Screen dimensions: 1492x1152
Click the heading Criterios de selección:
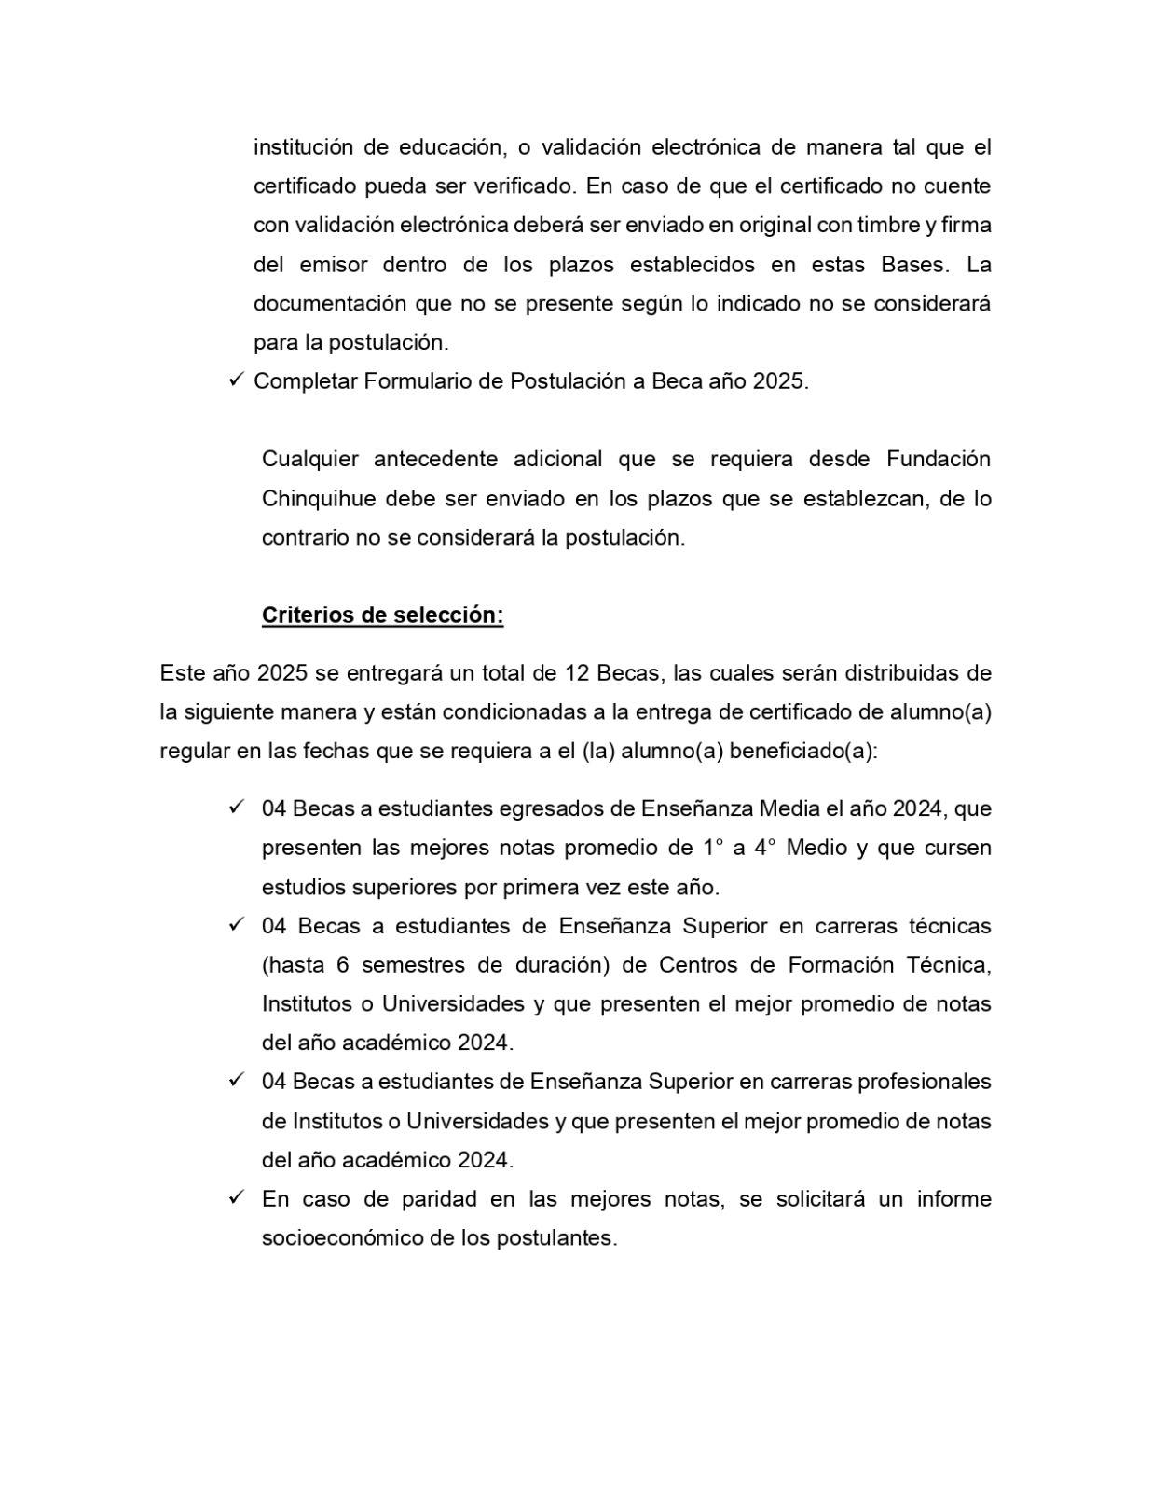point(382,615)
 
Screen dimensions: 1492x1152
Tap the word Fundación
point(938,460)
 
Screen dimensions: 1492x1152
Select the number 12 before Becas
point(575,673)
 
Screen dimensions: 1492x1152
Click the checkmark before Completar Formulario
point(235,380)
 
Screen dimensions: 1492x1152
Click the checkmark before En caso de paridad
point(235,1197)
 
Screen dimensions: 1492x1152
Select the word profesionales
point(924,1082)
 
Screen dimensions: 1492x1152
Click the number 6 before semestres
point(343,965)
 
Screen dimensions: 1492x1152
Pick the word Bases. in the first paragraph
point(915,265)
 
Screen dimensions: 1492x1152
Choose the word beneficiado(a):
point(802,752)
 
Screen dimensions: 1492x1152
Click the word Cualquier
point(309,460)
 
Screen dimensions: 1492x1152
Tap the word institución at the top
point(300,147)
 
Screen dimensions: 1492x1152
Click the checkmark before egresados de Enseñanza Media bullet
point(235,808)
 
